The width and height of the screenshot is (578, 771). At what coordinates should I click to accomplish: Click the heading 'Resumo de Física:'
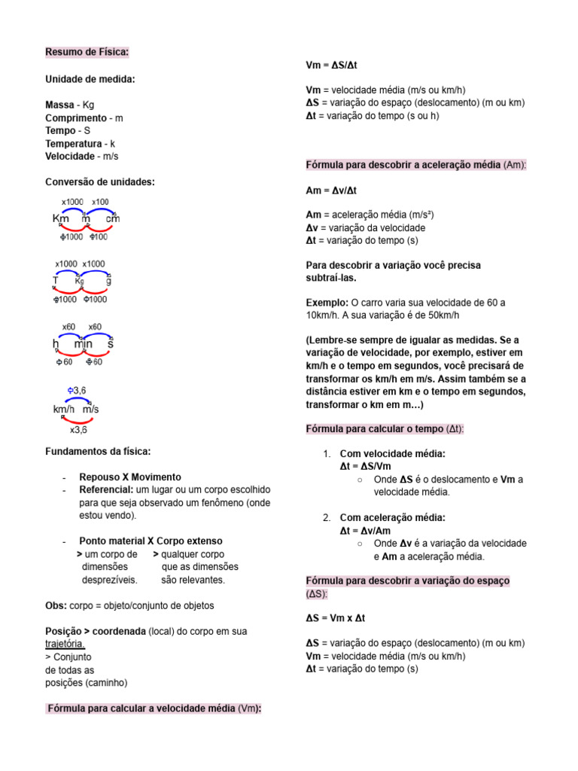coord(87,52)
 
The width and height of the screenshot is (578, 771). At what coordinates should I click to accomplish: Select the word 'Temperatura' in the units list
coord(73,143)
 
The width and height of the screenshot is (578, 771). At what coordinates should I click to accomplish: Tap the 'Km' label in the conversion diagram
coord(60,219)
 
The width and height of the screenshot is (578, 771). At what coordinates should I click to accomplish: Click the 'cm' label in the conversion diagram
coord(113,219)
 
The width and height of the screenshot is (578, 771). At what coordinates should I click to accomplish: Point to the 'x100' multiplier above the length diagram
coord(100,202)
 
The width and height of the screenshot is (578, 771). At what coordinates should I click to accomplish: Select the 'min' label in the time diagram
coord(83,344)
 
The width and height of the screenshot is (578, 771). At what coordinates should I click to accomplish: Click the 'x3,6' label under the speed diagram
coord(78,431)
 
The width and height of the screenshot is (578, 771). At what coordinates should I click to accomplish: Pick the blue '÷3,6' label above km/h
coord(76,390)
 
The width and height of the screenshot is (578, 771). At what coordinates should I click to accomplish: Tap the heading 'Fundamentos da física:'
coord(98,451)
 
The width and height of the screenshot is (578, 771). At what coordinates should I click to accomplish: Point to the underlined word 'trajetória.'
coord(65,644)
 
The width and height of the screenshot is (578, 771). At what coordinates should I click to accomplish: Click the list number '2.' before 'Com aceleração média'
coord(327,517)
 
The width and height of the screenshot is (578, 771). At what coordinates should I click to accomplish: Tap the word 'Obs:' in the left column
coord(56,605)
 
